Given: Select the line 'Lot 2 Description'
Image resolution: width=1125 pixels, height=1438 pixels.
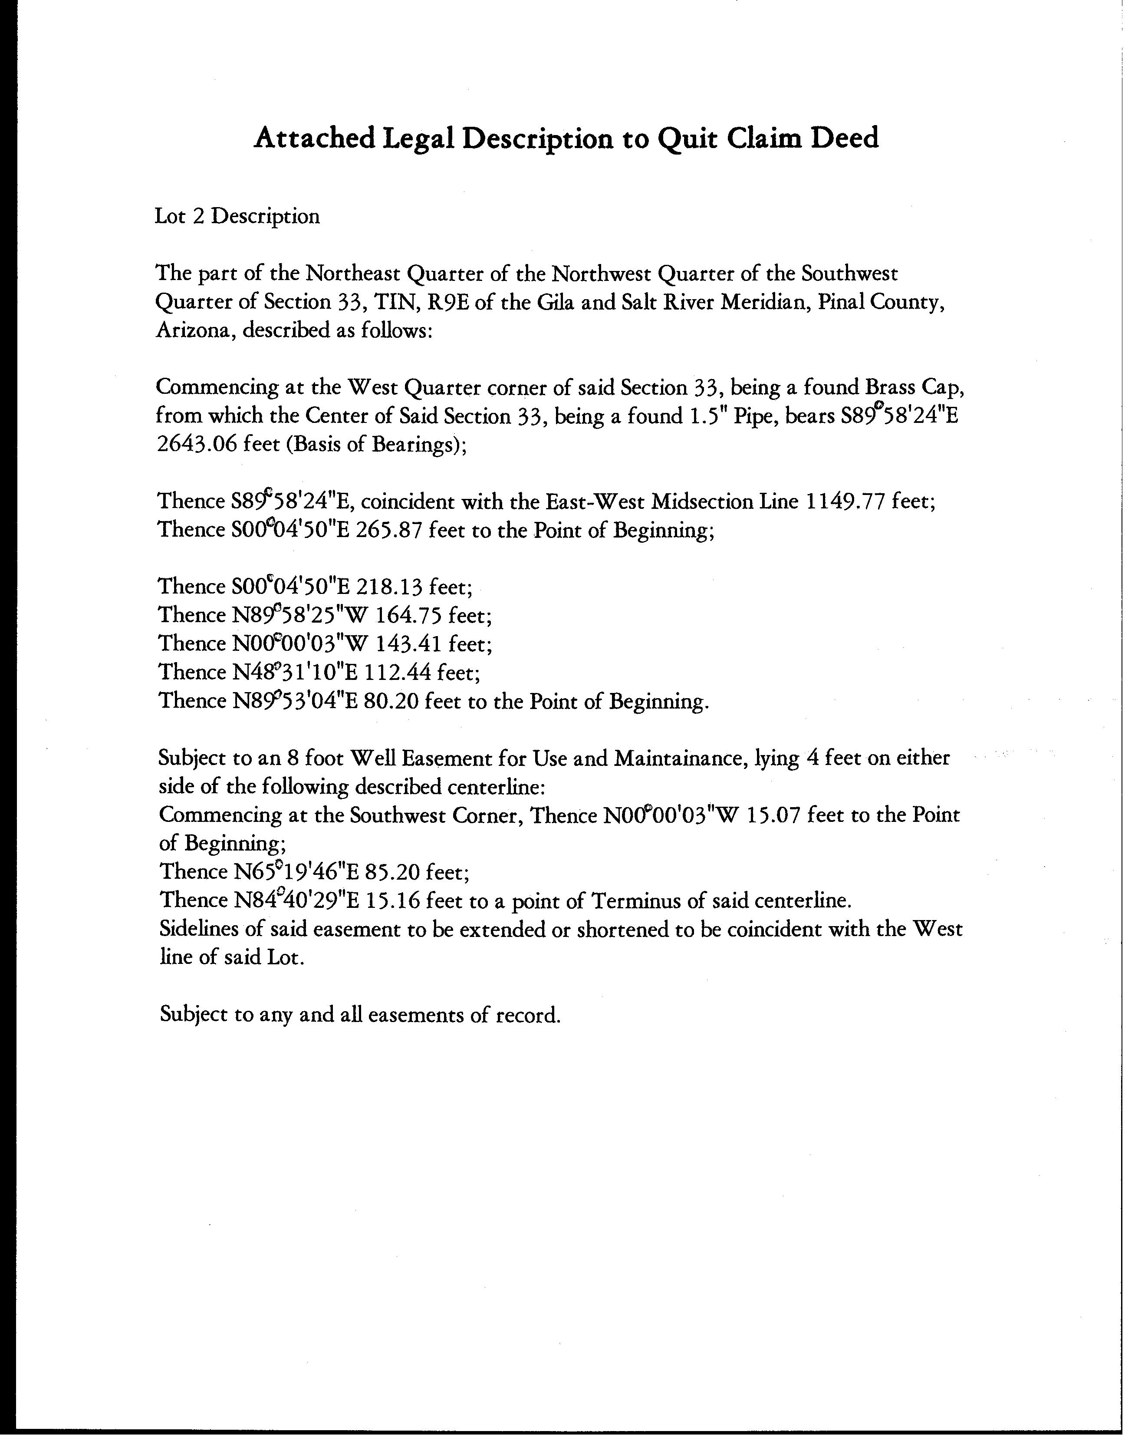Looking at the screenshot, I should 237,216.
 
